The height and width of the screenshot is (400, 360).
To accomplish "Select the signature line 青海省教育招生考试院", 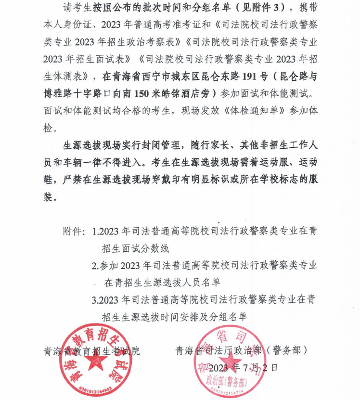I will [91, 350].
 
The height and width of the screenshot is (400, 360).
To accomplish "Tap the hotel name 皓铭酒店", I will [192, 92].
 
